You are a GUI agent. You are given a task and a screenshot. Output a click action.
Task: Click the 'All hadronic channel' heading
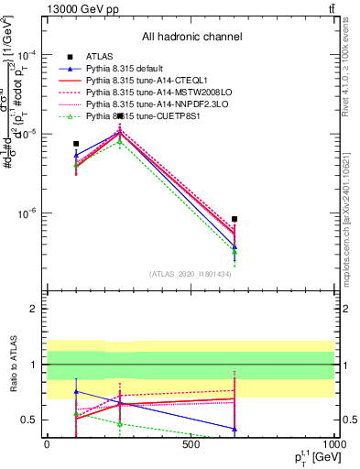point(191,37)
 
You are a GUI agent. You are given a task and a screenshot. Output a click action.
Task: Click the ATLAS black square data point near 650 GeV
point(235,219)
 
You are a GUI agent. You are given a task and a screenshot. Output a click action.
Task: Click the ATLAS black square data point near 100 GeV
point(76,144)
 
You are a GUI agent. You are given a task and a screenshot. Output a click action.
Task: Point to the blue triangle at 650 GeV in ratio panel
point(235,429)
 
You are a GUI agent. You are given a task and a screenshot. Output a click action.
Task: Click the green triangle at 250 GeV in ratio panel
point(120,424)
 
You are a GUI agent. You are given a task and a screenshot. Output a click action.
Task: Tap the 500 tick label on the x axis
point(191,444)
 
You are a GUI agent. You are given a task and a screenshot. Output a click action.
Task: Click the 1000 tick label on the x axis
point(335,444)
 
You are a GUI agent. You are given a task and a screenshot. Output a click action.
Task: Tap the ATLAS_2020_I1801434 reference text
point(191,274)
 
